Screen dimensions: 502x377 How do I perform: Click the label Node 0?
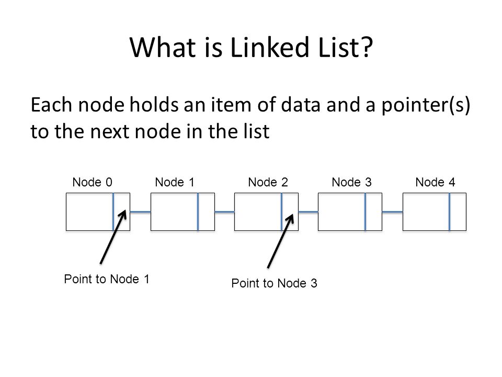pos(92,182)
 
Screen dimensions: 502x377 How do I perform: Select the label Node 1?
pos(175,182)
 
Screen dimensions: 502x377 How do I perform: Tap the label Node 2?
pos(268,182)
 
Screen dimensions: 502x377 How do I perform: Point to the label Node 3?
pos(351,182)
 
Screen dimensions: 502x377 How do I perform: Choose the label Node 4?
pos(435,182)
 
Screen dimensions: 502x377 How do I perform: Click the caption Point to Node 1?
pos(107,279)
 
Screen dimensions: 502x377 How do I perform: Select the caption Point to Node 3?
pos(274,283)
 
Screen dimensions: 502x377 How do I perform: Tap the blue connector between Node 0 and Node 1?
pos(140,212)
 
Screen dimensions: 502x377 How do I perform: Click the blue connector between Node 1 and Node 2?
pos(224,212)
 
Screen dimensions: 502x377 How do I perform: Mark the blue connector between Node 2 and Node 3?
pos(309,212)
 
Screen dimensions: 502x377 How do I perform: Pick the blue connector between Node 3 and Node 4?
pos(392,212)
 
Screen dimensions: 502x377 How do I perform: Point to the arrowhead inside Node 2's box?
pos(290,218)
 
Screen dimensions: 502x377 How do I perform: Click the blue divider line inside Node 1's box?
pos(198,212)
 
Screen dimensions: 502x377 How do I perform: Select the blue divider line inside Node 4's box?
pos(450,212)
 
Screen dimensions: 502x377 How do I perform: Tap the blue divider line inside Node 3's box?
pos(366,212)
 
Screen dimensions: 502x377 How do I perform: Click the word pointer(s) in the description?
pos(426,105)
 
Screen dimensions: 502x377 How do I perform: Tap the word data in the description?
pos(301,105)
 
